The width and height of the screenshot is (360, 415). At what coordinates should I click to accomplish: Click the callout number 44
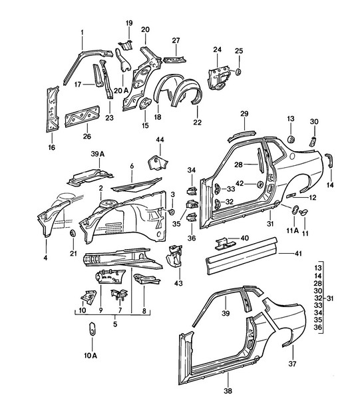[x=160, y=139]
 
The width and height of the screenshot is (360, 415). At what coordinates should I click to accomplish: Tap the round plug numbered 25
[x=238, y=72]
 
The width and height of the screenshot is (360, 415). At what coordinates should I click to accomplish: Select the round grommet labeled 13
[x=291, y=139]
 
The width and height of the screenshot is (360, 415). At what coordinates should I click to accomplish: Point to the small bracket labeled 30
[x=313, y=141]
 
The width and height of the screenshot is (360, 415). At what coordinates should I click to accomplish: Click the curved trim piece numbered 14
[x=329, y=160]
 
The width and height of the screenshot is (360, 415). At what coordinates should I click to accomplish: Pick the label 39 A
[x=98, y=154]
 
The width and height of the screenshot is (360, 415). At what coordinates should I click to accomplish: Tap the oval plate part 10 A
[x=92, y=328]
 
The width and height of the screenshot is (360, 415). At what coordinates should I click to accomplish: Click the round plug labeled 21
[x=73, y=233]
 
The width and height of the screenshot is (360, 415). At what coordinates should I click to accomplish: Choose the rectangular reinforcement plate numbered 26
[x=83, y=116]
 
